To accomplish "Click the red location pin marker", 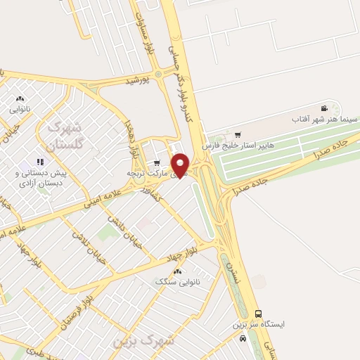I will [x=181, y=164].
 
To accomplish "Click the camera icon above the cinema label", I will [x=323, y=108].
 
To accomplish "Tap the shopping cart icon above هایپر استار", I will [x=238, y=134].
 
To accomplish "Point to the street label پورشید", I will [x=139, y=82].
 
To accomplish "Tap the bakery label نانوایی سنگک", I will [x=178, y=281].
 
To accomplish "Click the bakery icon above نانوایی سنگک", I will [x=177, y=271].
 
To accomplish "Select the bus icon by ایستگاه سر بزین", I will [x=258, y=314].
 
